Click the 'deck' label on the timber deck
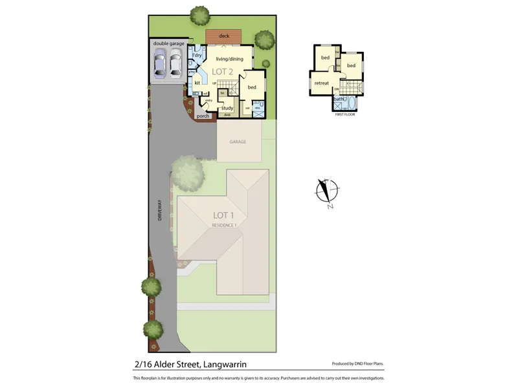(224, 36)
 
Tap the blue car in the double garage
(160, 63)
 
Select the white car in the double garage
(175, 63)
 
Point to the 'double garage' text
(168, 43)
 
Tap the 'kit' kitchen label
(197, 83)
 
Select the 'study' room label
(227, 108)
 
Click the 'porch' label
(203, 116)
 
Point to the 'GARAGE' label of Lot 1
(238, 142)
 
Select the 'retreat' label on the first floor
(322, 83)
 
